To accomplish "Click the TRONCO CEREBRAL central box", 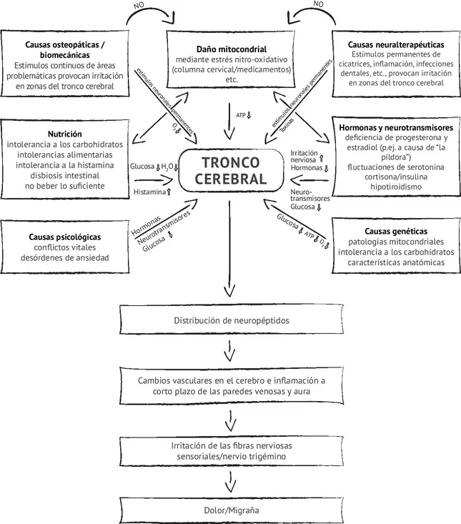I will click(230, 171).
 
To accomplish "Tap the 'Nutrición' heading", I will click(64, 134).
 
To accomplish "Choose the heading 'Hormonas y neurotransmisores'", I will click(395, 127).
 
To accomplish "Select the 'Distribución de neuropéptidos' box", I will click(229, 321).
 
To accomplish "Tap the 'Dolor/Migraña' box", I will click(229, 511).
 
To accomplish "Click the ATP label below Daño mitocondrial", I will click(242, 114).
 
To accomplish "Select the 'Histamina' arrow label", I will click(150, 192).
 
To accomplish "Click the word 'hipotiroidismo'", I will click(395, 186).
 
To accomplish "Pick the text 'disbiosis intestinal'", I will click(64, 174).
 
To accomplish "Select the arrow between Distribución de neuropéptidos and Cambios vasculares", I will click(229, 350).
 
